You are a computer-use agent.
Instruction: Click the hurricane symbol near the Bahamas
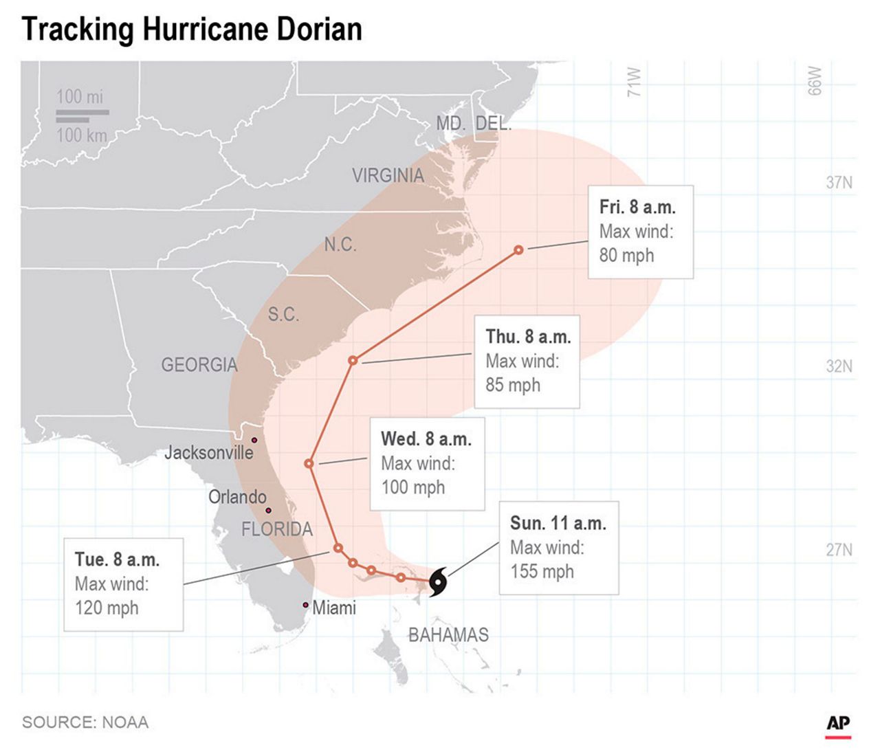tap(437, 583)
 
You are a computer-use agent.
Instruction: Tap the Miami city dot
tap(305, 605)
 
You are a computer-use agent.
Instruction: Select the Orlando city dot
tap(268, 510)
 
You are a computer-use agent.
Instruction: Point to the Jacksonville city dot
tap(254, 440)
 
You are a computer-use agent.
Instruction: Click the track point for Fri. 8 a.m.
tap(518, 250)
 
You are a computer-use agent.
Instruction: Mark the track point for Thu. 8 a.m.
tap(353, 360)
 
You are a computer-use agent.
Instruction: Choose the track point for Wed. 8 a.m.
tap(309, 464)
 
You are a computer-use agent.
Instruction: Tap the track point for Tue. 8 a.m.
tap(338, 548)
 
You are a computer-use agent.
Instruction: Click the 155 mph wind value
tap(542, 572)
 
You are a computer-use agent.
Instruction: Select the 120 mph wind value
tap(107, 608)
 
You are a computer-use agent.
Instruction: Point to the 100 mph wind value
tap(413, 487)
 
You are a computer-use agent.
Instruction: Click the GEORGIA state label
tap(199, 365)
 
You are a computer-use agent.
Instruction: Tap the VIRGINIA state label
tap(388, 176)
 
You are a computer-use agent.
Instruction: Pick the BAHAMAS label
tap(448, 635)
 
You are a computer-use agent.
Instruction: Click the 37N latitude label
tap(839, 183)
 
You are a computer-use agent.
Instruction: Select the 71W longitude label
tap(634, 82)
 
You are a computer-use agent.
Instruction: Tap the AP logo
tap(838, 724)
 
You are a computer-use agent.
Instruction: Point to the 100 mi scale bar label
tap(80, 97)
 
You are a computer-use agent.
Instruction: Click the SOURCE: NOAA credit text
tap(85, 722)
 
